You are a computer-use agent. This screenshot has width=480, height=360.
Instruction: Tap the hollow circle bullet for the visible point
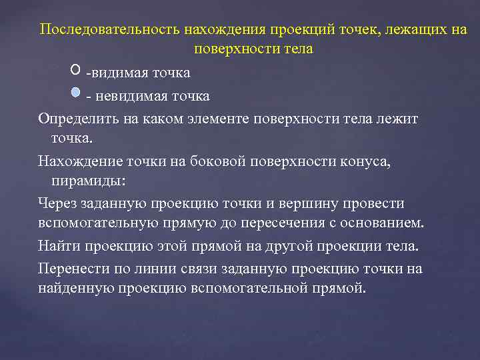click(74, 69)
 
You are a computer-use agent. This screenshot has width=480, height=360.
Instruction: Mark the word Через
click(58, 203)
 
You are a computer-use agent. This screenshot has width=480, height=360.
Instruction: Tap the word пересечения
click(266, 222)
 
